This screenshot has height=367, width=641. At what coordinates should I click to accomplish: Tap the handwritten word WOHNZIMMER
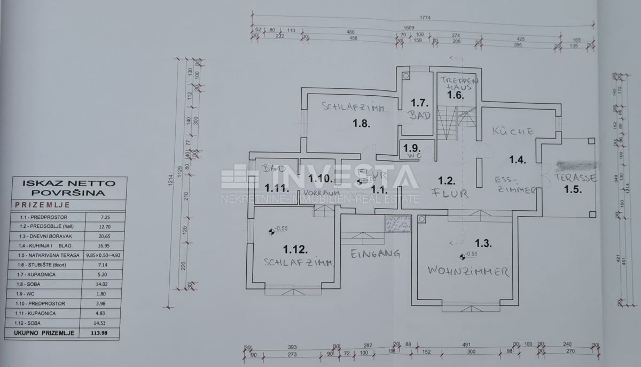467,271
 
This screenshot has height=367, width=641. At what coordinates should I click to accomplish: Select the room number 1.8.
362,124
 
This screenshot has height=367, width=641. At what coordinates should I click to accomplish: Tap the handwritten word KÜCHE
513,131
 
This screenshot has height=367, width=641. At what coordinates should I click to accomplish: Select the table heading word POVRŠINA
69,192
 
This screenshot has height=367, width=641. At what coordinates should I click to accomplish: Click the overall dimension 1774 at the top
425,17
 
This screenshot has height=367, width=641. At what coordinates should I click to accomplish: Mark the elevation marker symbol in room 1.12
271,232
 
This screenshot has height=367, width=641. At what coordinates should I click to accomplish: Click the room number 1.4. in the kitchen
518,158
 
